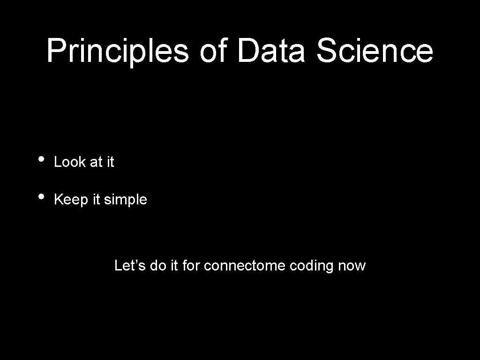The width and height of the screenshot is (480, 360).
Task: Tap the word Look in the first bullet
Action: pos(70,162)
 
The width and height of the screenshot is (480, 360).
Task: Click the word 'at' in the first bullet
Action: pos(96,162)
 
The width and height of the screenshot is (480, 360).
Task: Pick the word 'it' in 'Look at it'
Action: pos(110,162)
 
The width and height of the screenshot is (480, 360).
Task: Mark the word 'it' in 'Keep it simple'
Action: pos(96,200)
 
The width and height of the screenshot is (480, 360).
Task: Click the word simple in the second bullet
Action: pos(125,200)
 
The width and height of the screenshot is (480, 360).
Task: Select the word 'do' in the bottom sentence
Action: pos(158,266)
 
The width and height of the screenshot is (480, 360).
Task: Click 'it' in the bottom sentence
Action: pos(174,266)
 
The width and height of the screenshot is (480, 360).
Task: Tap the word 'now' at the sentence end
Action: pos(352,266)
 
